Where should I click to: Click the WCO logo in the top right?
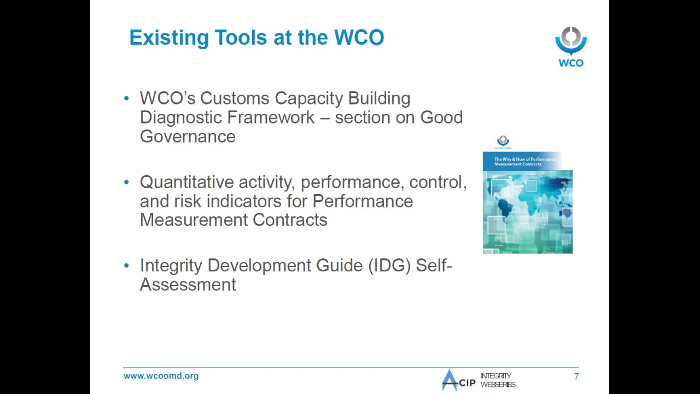[571, 47]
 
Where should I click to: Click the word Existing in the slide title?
[169, 38]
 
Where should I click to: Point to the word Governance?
[188, 137]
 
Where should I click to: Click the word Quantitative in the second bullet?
[186, 182]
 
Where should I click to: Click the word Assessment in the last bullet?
[188, 285]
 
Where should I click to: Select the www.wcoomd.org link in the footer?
[161, 376]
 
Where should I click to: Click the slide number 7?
[576, 376]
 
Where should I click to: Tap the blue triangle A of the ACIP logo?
[450, 380]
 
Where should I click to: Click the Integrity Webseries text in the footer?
[498, 380]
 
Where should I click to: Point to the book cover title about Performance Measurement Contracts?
[524, 161]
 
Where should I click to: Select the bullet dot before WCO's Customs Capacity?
[127, 99]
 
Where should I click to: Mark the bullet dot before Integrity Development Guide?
[127, 265]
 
